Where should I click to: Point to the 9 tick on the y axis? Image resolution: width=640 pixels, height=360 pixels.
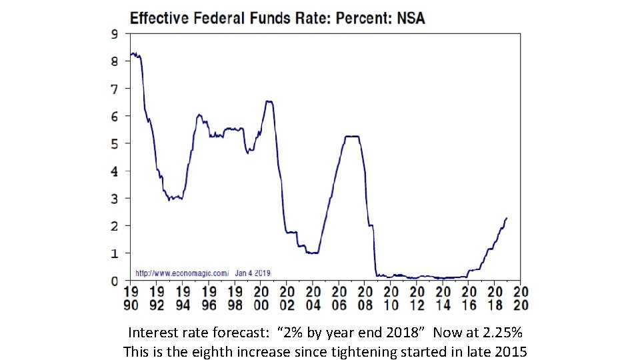[115, 33]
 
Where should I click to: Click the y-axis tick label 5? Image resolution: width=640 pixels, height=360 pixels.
[115, 143]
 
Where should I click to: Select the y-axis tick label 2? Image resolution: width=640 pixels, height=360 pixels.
[115, 226]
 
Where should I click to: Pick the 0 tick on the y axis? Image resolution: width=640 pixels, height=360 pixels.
[115, 281]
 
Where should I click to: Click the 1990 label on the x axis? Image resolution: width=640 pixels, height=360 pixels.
[131, 298]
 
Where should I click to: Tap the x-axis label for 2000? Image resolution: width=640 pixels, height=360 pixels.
[261, 298]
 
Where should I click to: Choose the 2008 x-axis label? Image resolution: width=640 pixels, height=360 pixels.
[365, 298]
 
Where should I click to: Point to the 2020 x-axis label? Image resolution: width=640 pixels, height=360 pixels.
[521, 298]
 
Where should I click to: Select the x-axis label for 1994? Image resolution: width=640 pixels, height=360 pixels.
[183, 298]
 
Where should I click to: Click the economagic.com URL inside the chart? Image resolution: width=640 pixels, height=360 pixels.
[182, 273]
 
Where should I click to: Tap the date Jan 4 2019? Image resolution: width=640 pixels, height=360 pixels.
[253, 273]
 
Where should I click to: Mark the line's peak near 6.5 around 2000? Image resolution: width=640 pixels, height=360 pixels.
[269, 101]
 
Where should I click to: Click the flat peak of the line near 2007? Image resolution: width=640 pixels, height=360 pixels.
[352, 137]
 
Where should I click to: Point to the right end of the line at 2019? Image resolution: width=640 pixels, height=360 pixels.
[507, 218]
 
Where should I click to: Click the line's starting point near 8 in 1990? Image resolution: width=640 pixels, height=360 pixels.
[131, 54]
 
